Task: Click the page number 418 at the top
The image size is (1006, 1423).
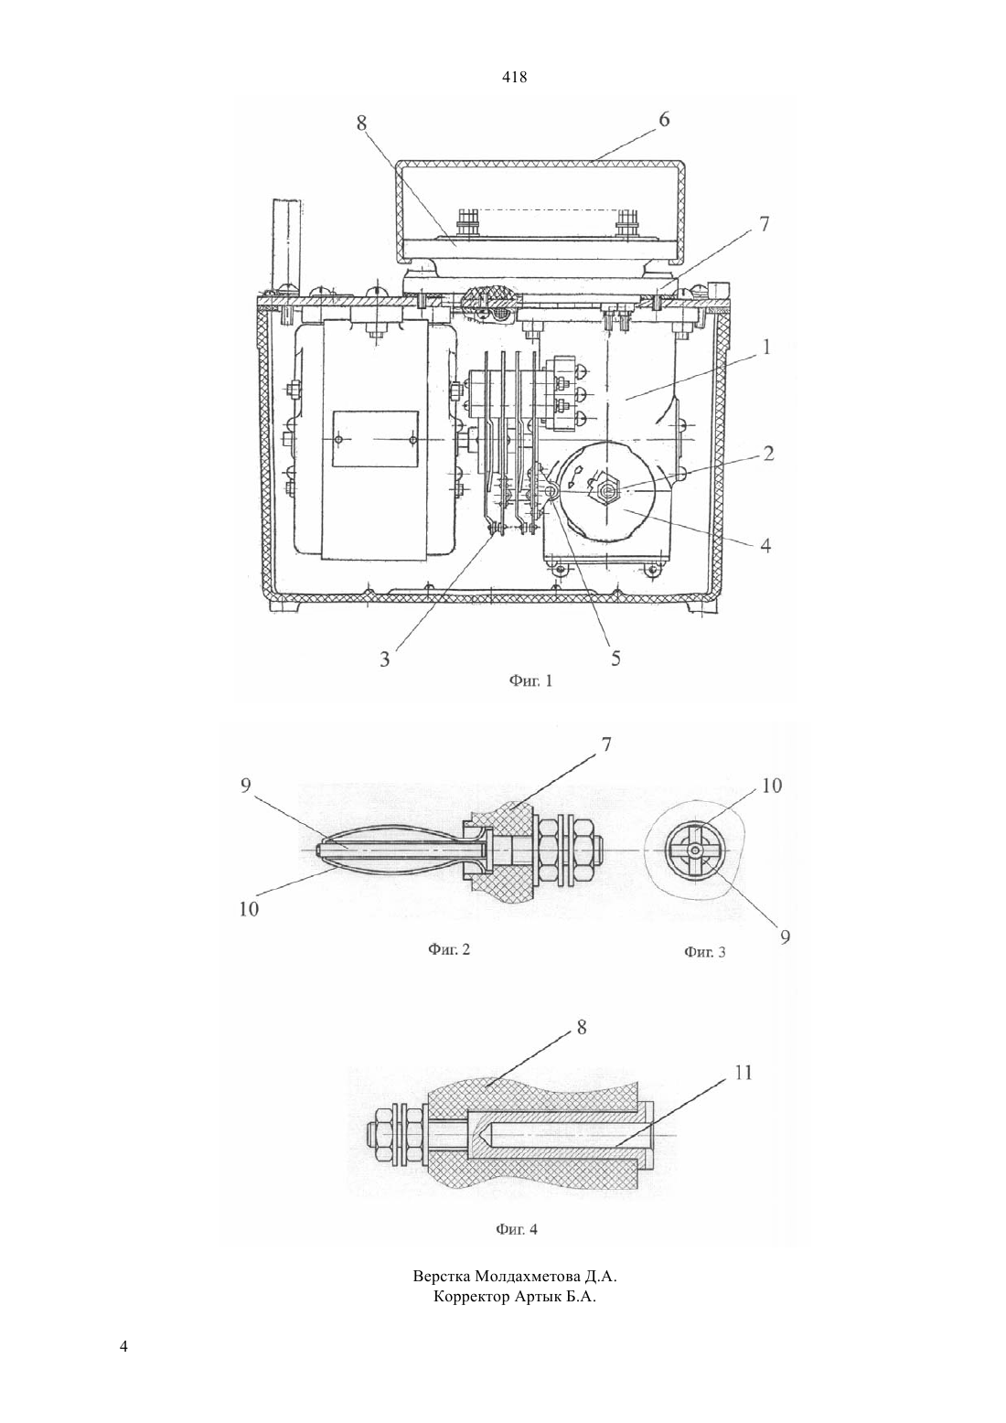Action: pos(514,78)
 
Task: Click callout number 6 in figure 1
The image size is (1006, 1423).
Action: pos(664,120)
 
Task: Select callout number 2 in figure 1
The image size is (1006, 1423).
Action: pos(768,454)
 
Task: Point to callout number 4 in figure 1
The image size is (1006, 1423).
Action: pos(765,545)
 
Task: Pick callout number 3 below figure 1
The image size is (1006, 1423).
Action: pos(384,659)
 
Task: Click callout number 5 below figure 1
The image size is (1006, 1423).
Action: pos(615,658)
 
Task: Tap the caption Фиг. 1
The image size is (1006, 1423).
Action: pos(530,681)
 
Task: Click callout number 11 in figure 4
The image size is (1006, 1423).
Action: pos(743,1073)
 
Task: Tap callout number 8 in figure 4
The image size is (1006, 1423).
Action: pos(582,1027)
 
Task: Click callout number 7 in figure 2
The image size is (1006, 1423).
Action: pos(606,744)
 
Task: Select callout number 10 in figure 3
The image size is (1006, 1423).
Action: pos(771,786)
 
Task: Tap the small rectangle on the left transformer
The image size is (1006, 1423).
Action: pos(376,439)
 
